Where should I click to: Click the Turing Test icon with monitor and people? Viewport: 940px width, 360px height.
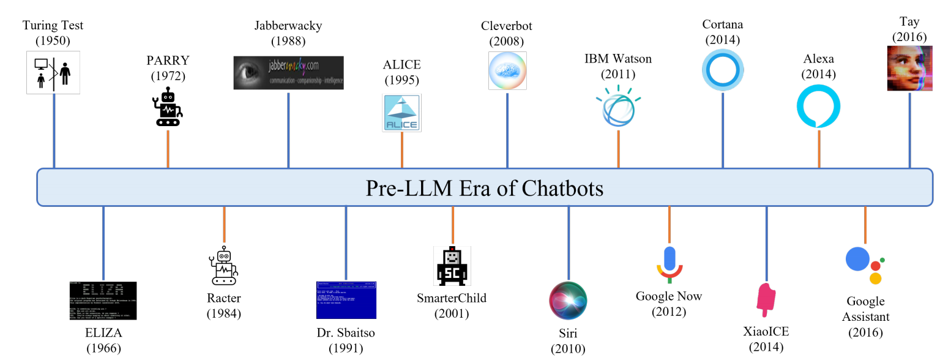pyautogui.click(x=53, y=72)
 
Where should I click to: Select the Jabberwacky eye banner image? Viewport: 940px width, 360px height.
pyautogui.click(x=288, y=73)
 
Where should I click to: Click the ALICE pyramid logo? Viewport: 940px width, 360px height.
pyautogui.click(x=401, y=113)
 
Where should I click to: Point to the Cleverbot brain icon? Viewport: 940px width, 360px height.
pyautogui.click(x=507, y=70)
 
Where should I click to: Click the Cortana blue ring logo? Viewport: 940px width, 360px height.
pyautogui.click(x=723, y=70)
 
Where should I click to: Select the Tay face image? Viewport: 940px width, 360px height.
pyautogui.click(x=909, y=70)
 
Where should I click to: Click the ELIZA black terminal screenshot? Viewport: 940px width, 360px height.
pyautogui.click(x=103, y=301)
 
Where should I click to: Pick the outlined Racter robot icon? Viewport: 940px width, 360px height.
pyautogui.click(x=224, y=266)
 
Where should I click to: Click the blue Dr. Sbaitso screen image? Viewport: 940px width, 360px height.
pyautogui.click(x=346, y=300)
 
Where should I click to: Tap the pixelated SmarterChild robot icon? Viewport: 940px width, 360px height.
pyautogui.click(x=452, y=266)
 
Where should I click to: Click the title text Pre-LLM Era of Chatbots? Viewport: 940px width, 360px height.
pyautogui.click(x=484, y=188)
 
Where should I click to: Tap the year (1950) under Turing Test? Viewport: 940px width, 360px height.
pyautogui.click(x=53, y=41)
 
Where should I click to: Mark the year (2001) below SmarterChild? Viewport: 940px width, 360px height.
pyautogui.click(x=452, y=313)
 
